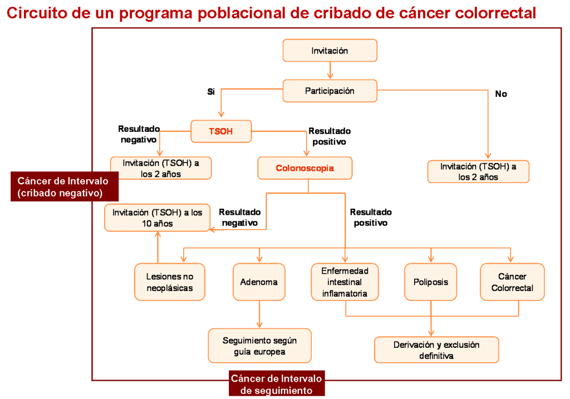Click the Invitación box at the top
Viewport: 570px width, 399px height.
(330, 51)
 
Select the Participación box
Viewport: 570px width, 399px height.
(330, 91)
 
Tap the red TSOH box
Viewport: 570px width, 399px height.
(221, 131)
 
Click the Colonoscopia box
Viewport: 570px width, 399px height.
(304, 168)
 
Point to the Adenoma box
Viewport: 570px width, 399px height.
(259, 282)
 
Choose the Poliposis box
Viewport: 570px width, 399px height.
(431, 282)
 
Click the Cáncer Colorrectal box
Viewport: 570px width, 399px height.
(512, 282)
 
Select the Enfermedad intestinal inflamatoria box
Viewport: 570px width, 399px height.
(345, 282)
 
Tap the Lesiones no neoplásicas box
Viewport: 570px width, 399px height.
(170, 282)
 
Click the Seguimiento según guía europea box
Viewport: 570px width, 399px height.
(259, 346)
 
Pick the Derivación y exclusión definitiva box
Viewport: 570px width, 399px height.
(436, 349)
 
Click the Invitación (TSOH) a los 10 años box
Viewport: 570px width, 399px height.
(157, 218)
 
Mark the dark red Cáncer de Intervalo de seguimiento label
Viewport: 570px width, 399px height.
(277, 384)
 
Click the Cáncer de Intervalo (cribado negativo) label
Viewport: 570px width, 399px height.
(65, 186)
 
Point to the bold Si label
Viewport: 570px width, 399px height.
(211, 92)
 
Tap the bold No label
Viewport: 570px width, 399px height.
(501, 93)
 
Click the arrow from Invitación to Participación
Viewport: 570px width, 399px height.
(330, 71)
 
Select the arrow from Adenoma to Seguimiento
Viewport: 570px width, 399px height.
(259, 314)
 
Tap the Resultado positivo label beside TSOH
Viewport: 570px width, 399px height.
(330, 136)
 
